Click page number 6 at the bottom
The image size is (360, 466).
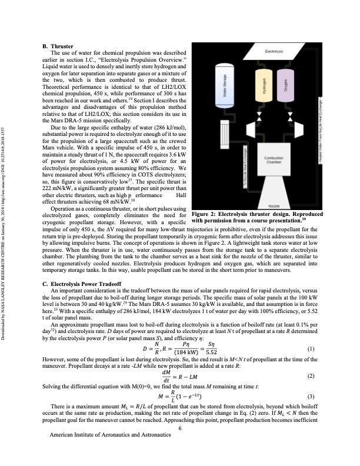pos(179,444)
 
